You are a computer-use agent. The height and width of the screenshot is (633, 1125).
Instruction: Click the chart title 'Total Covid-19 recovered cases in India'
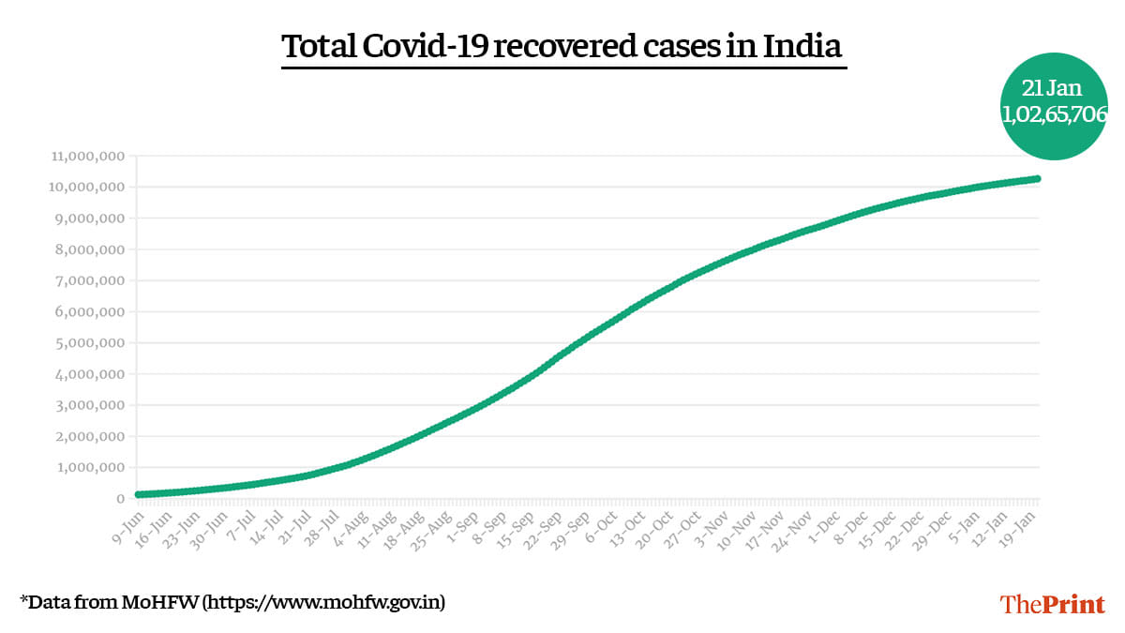[562, 46]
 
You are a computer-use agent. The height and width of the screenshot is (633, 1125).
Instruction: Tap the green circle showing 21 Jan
[1054, 104]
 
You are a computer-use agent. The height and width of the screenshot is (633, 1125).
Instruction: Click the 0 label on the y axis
[121, 499]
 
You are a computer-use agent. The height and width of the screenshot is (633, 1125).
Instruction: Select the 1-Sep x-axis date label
[465, 525]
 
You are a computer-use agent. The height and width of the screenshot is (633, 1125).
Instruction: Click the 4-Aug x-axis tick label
[352, 525]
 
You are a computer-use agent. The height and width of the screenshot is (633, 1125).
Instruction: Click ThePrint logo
[1053, 603]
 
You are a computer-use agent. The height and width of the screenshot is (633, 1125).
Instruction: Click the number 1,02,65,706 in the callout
[1054, 114]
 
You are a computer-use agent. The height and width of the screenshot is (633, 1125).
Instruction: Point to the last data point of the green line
[1038, 178]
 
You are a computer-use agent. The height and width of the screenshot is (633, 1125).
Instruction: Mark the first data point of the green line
[139, 494]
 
